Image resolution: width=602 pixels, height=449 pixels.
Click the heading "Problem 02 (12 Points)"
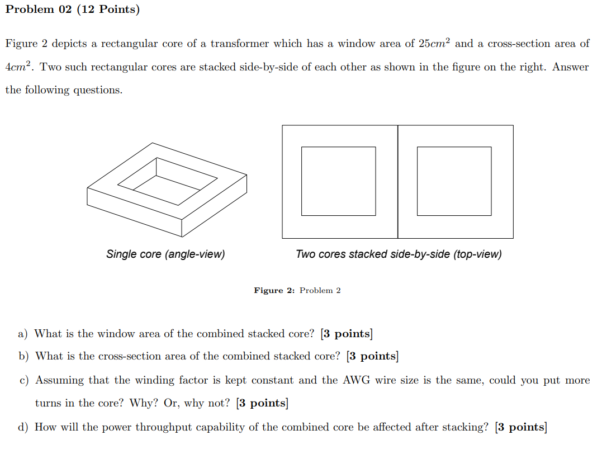click(72, 10)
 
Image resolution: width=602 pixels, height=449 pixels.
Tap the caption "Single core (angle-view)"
click(165, 254)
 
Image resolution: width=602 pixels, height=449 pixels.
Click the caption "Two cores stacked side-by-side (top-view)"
click(399, 254)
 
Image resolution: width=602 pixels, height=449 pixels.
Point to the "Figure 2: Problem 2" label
click(297, 290)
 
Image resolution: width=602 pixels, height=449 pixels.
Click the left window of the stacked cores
click(338, 181)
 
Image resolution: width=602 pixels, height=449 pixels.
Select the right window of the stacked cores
click(454, 181)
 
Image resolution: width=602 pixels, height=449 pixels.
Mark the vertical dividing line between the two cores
click(398, 181)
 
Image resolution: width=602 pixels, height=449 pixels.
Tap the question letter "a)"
click(23, 334)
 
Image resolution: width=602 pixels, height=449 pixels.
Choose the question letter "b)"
click(23, 356)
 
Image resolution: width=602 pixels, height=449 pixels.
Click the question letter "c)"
click(23, 381)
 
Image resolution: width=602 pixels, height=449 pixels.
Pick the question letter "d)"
click(23, 428)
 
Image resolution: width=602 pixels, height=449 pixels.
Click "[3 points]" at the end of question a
click(347, 334)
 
